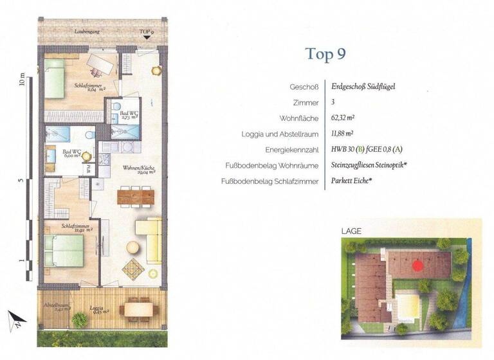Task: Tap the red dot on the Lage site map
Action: point(417,264)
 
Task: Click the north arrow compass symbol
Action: point(15,319)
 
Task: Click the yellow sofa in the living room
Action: point(151,239)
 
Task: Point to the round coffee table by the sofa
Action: point(133,247)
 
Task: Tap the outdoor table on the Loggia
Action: point(138,309)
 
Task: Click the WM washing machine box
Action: point(89,169)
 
